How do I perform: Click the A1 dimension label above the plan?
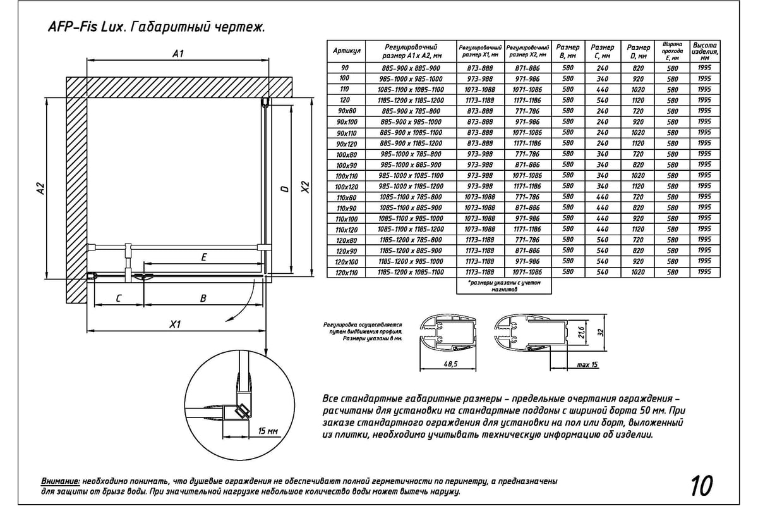pos(177,54)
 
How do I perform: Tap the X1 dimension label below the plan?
pos(176,324)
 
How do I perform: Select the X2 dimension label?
pos(305,188)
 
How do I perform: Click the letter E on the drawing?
pos(203,257)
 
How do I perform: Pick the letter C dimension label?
pos(118,299)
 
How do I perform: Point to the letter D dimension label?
pos(285,188)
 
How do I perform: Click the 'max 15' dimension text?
pos(587,365)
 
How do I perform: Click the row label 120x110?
pos(347,273)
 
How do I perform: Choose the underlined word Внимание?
pos(60,481)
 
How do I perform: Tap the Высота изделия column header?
pos(704,51)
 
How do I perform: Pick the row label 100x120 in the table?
pos(347,187)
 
